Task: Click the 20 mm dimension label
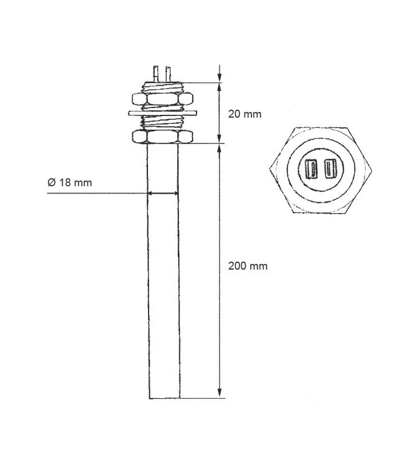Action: tap(245, 114)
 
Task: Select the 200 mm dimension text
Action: tap(247, 266)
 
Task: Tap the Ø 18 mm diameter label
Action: tap(69, 183)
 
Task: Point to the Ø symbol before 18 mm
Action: tap(50, 183)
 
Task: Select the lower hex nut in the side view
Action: tap(163, 137)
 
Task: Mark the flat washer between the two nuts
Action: tap(163, 113)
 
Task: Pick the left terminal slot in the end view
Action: tap(313, 169)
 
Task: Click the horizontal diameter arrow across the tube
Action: tap(163, 194)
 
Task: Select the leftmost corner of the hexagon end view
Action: tap(270, 169)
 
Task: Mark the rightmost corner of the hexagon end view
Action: tap(373, 169)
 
